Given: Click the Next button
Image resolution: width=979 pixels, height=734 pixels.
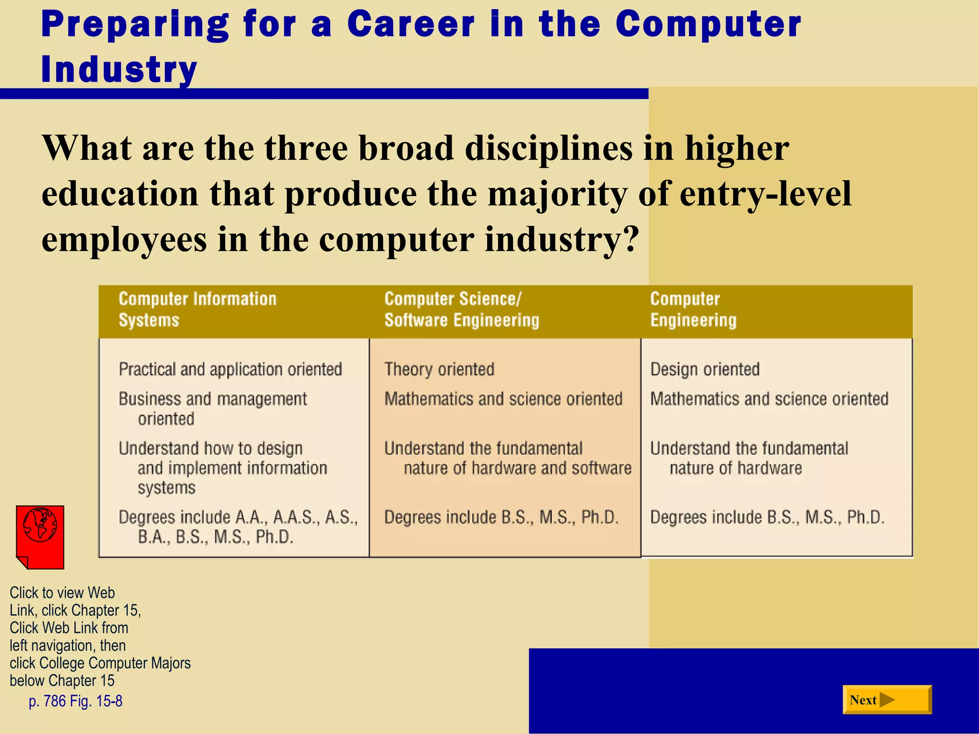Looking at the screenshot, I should pos(887,700).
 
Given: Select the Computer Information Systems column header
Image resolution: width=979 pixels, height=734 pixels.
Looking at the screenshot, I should pos(197,309).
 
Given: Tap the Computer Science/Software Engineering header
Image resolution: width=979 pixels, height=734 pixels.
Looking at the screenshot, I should pos(462,309).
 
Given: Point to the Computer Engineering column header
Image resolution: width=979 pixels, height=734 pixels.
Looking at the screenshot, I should pos(693,309).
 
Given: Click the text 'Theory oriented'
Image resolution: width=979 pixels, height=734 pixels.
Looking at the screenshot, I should pos(439,369).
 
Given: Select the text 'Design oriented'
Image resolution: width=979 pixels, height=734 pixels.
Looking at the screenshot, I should pos(705,369).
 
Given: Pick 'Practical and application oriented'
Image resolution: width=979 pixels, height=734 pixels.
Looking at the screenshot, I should pos(230,369).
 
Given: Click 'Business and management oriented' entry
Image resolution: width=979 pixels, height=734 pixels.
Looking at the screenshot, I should pos(213,409).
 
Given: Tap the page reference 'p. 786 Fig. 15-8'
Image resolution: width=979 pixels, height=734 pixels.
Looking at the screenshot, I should pos(76,701).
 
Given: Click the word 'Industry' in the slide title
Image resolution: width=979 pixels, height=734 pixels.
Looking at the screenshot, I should pos(119,69).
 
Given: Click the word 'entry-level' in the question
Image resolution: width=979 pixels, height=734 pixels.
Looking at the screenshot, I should pos(765,194).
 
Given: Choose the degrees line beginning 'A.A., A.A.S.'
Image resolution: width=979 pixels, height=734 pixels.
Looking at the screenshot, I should pos(238,527).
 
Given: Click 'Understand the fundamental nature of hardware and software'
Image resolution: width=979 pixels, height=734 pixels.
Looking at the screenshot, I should pos(508,458).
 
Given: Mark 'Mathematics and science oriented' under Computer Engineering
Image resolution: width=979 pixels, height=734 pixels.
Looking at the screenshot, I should pos(769,399).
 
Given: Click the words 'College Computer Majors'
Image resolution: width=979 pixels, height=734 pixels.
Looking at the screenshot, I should pos(115,663).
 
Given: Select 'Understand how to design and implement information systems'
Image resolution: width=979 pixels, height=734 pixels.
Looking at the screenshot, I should pos(223,468).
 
